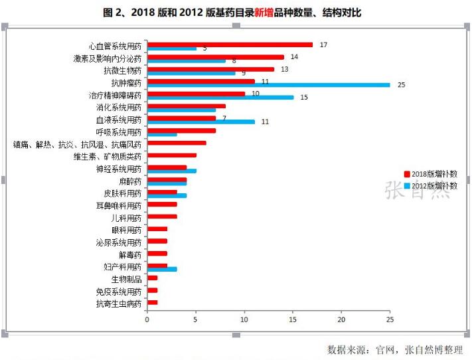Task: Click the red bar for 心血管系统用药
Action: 229,45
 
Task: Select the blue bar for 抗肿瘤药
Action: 268,85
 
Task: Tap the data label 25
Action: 401,85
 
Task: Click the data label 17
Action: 323,45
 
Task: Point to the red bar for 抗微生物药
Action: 210,69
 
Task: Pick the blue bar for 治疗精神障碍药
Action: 220,98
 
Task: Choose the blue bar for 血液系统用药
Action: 200,122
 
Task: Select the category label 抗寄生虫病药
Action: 118,304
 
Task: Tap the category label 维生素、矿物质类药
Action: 107,157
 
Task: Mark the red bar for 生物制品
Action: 152,278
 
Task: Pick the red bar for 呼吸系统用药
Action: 181,130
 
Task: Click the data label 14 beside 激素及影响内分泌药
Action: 293,57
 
